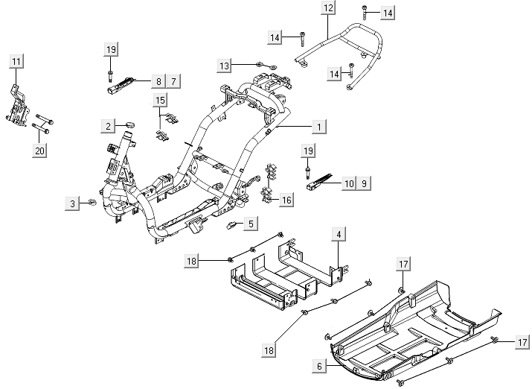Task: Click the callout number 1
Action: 318,127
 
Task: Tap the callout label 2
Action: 109,126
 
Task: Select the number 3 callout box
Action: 72,203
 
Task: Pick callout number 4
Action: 338,235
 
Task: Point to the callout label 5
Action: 251,223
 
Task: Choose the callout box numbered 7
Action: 173,80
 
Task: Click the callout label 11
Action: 16,60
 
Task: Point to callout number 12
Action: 328,8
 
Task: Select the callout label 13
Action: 225,66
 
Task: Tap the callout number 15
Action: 161,101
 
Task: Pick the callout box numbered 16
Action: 286,199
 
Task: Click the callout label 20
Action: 40,151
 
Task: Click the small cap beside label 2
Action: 129,124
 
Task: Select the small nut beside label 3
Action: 92,202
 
